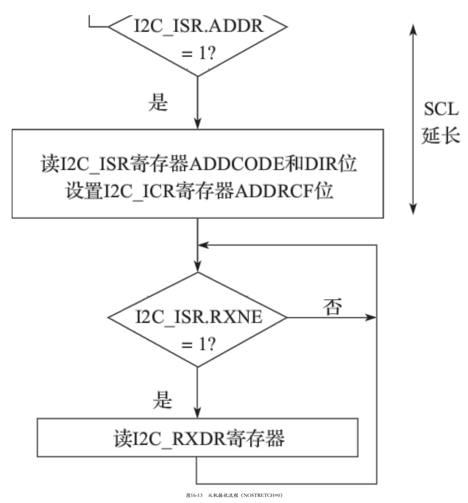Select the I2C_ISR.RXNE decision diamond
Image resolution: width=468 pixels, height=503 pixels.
[198, 319]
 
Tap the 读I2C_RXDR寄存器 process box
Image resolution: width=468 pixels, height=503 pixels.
[198, 438]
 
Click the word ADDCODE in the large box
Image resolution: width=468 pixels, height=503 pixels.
[236, 164]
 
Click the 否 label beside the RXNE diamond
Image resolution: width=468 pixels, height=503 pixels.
[332, 307]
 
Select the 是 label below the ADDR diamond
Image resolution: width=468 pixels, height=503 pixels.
[158, 102]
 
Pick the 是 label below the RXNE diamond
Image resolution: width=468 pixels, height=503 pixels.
[162, 400]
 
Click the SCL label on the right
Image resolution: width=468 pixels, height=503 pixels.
[441, 109]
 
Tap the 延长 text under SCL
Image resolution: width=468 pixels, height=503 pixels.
[441, 135]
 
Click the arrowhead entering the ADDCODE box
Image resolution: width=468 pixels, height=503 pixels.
[198, 123]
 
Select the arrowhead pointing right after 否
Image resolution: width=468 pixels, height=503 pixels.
[371, 318]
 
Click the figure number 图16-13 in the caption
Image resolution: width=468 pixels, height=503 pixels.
[194, 495]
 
